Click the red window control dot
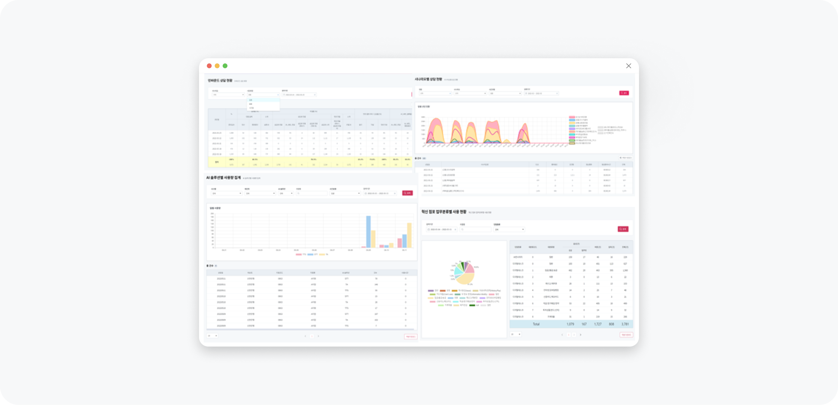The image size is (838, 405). pos(209,66)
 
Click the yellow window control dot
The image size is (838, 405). pos(217,66)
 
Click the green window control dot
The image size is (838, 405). pos(225,66)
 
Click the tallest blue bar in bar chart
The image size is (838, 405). pos(369,231)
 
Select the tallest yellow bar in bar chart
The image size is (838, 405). pos(409,235)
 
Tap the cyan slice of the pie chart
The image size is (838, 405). pos(458,271)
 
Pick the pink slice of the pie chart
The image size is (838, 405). pos(469,268)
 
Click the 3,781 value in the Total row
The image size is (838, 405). pos(625,324)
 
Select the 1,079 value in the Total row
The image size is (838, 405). pos(570,324)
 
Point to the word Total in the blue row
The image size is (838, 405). pos(536,324)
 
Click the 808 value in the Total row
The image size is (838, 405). pos(611,324)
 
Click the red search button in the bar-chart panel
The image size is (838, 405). pos(407,193)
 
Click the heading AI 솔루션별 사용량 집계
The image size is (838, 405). pos(223,178)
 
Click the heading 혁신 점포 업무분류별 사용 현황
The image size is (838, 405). pos(444,212)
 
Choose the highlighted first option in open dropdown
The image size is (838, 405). pos(263,100)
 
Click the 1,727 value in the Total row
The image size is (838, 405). pos(597,324)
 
